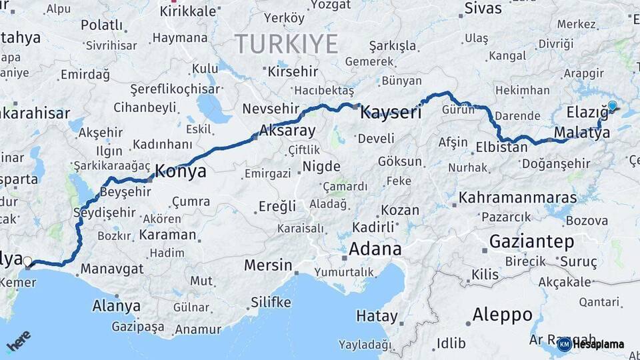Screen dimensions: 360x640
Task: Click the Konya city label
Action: [x=181, y=171]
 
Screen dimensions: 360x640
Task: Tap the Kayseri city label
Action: [x=391, y=113]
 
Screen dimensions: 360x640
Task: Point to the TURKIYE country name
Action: [x=286, y=44]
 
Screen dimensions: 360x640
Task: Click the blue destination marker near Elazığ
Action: [x=613, y=105]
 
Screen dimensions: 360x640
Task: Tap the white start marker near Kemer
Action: [x=28, y=261]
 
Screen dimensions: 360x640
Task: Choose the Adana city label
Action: [x=376, y=250]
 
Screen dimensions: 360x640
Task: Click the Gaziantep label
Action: [x=531, y=241]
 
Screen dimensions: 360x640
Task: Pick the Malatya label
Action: [x=581, y=132]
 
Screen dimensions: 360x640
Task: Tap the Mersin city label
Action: [x=268, y=265]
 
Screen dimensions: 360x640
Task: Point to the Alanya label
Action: [x=117, y=306]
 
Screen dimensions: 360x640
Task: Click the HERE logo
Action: [x=18, y=341]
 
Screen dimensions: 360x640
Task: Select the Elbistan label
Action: [x=502, y=147]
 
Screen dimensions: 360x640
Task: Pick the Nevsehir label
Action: [x=272, y=109]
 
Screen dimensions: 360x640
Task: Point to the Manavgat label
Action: [x=111, y=269]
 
